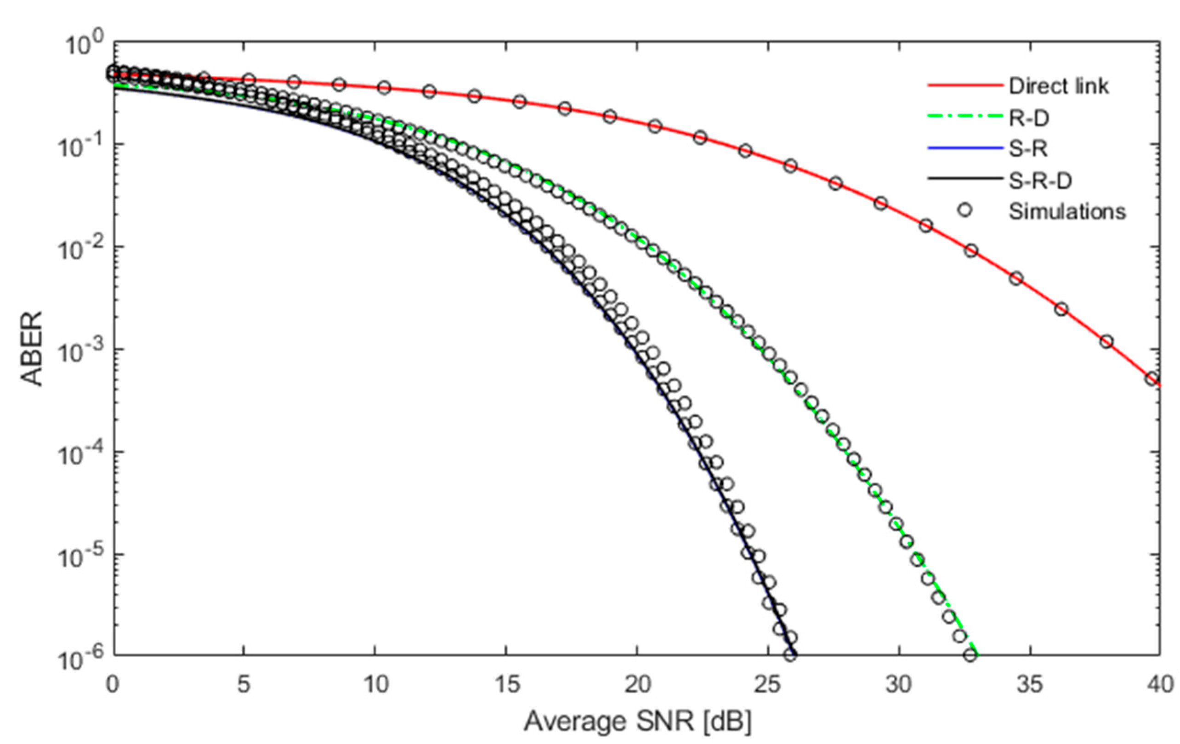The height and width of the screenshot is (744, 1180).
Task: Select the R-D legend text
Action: point(1028,118)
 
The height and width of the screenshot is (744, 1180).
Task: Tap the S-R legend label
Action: point(1027,149)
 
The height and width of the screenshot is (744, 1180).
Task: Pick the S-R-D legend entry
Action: point(1040,181)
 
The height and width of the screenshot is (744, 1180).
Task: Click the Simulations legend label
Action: point(1067,212)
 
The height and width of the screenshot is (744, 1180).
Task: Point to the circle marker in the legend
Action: point(964,210)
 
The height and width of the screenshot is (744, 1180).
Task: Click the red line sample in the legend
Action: point(964,86)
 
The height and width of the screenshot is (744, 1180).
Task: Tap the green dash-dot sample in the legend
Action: point(964,117)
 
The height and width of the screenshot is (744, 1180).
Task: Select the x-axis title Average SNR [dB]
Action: point(637,721)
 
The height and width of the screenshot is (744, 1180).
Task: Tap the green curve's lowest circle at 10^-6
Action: point(970,655)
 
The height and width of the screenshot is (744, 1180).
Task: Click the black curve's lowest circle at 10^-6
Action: point(790,654)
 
